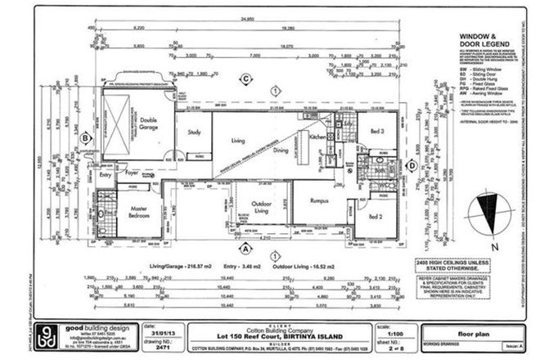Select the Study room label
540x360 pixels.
tap(194, 132)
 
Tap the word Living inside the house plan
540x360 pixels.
tap(238, 142)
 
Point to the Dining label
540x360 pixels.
tap(281, 151)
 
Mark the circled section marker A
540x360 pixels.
tap(243, 246)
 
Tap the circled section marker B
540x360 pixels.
tap(85, 139)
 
